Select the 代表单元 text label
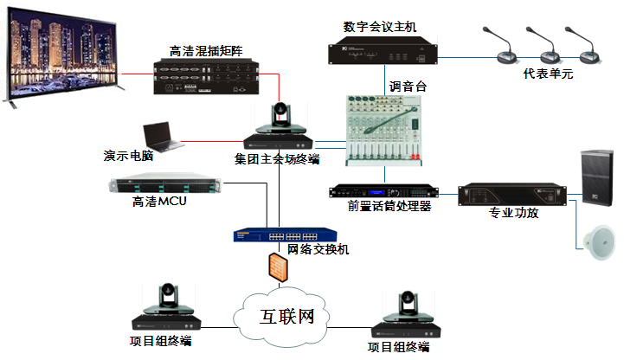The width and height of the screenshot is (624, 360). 548,74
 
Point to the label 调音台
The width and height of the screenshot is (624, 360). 408,86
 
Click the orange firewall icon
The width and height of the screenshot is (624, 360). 276,266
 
